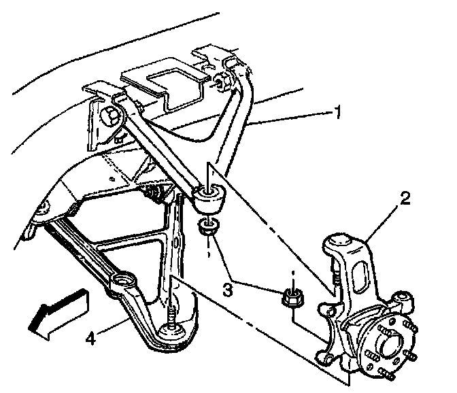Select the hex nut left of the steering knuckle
point(292,298)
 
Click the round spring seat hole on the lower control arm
point(123,279)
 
